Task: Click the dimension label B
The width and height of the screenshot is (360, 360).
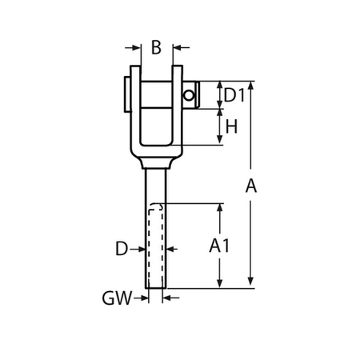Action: [156, 47]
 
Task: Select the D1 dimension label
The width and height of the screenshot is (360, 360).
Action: [233, 95]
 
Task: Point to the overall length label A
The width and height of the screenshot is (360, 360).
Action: [250, 186]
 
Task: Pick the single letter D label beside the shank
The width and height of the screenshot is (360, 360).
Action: [121, 250]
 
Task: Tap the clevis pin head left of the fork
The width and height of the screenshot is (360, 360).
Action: [126, 91]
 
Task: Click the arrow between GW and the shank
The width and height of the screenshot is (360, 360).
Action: [142, 298]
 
